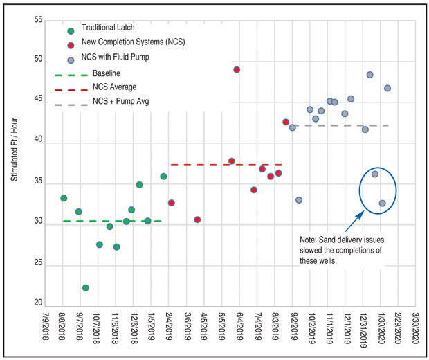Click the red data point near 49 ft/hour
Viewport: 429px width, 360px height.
coord(237,70)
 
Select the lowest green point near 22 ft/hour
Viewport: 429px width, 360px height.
coord(85,287)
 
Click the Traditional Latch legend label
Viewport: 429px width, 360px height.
coord(108,28)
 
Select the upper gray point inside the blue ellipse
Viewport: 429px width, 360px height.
coord(374,174)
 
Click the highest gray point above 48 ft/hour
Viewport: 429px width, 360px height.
coord(369,75)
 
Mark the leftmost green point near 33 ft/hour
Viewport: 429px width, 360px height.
coord(64,198)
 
